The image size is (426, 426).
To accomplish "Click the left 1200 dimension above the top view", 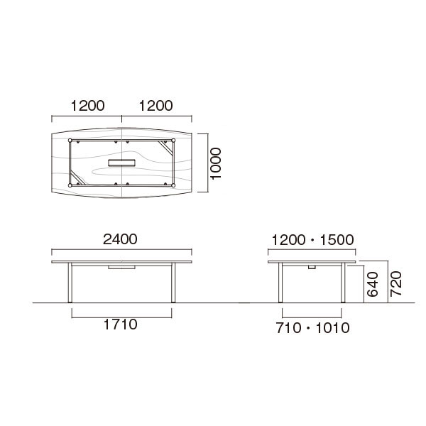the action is [87, 106].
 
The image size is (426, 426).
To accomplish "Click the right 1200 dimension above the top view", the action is [155, 106].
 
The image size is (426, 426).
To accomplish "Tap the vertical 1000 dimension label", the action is [217, 163].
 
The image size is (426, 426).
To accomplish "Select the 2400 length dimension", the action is [120, 239].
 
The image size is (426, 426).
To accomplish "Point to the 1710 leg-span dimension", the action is [121, 324].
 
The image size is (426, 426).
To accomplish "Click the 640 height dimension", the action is [373, 284].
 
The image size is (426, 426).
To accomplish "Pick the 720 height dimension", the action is [396, 283].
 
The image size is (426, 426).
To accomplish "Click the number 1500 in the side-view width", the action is [337, 240].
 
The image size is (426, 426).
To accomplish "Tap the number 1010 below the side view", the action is [333, 328].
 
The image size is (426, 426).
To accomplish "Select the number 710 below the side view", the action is [288, 328].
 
